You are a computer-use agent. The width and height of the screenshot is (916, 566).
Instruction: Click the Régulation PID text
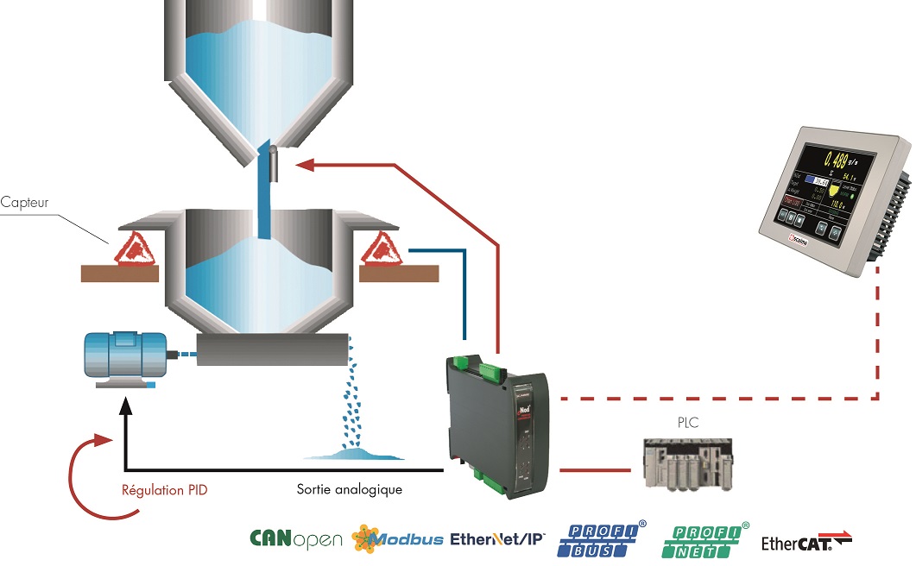point(165,490)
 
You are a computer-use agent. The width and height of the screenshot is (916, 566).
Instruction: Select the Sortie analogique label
point(344,490)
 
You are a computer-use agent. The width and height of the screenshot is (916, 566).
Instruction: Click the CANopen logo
point(296,539)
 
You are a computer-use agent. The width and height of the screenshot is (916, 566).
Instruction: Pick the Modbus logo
point(397,539)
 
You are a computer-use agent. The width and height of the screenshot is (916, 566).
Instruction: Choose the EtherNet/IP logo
point(497,539)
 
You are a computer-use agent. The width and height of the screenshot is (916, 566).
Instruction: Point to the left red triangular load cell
point(130,248)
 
